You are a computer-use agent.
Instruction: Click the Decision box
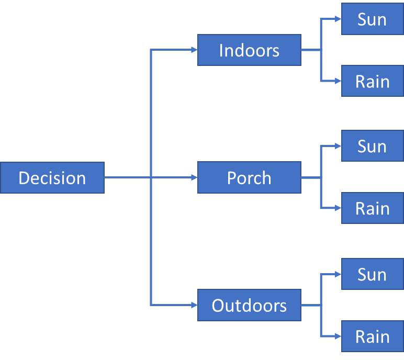pos(52,178)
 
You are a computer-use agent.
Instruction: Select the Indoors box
pos(249,50)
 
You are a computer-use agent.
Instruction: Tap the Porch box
pos(249,177)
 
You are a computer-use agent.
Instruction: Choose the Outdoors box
pos(249,305)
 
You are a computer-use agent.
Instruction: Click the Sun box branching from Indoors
pos(372,19)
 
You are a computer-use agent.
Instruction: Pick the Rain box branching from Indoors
pos(372,81)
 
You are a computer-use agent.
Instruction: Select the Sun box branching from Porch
pos(372,146)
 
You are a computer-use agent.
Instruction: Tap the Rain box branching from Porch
pos(372,208)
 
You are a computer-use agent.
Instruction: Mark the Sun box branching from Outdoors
pos(372,274)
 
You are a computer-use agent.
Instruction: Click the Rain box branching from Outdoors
pos(372,336)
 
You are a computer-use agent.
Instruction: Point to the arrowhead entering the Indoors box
pos(194,50)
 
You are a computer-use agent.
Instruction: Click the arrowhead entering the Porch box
pos(194,177)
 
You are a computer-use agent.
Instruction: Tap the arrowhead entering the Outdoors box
pos(194,305)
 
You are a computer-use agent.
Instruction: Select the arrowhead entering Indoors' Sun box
pos(338,19)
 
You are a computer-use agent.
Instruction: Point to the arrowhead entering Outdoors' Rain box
pos(338,336)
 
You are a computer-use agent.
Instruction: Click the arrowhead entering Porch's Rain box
pos(338,208)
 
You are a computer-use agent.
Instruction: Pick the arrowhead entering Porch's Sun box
pos(338,146)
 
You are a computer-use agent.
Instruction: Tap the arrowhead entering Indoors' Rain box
pos(338,81)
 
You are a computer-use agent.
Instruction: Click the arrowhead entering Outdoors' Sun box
pos(338,274)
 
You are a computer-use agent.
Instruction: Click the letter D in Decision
pos(24,178)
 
